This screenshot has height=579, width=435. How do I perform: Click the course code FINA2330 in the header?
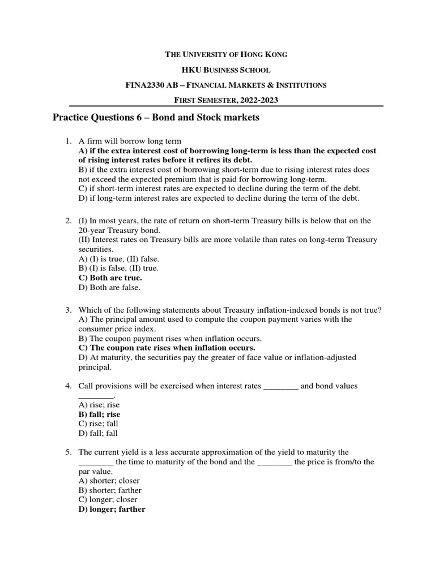click(144, 85)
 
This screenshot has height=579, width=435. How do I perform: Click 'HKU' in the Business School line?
click(191, 70)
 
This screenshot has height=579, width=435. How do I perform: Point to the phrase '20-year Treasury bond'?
click(118, 231)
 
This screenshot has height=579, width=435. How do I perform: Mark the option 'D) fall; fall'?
click(97, 433)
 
